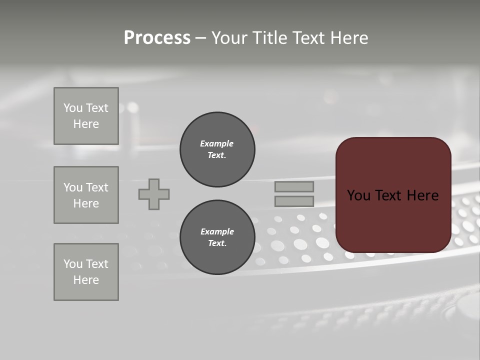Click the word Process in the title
(x=157, y=38)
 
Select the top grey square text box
(x=86, y=116)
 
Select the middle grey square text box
(x=86, y=195)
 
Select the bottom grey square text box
(x=86, y=272)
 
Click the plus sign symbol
(x=154, y=194)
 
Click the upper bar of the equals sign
(x=294, y=186)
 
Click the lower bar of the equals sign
(x=294, y=201)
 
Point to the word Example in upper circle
(x=217, y=143)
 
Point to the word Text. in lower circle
(x=217, y=243)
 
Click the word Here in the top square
(x=86, y=124)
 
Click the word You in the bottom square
(x=73, y=264)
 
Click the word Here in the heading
(x=348, y=38)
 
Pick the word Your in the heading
(x=229, y=38)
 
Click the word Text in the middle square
(x=97, y=187)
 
